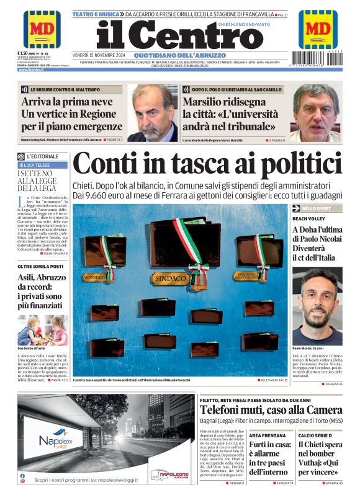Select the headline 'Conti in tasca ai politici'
pos(207,164)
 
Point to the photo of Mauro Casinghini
pos(153,113)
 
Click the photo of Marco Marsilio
pos(315,113)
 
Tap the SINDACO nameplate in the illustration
pos(169,279)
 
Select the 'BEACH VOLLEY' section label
pos(305,219)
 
